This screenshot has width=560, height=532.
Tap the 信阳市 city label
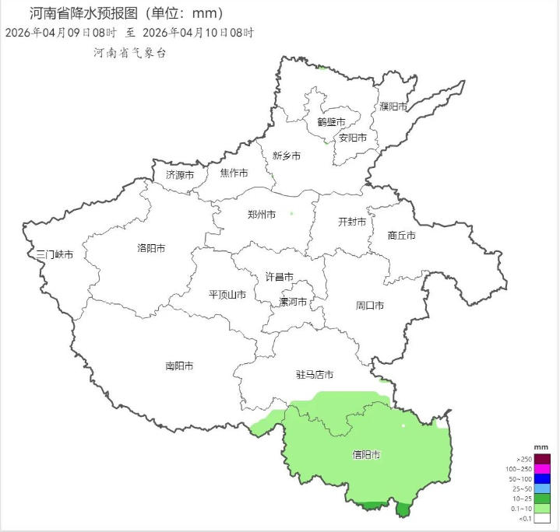click(x=366, y=454)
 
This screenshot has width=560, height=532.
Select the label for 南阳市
click(x=179, y=366)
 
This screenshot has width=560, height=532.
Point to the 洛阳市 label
click(x=151, y=249)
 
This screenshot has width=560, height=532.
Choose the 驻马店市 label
click(x=315, y=375)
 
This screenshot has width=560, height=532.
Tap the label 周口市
click(x=370, y=306)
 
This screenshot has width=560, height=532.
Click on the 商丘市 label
click(x=401, y=236)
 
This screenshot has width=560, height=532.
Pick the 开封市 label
click(x=352, y=222)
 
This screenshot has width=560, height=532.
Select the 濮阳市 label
click(x=393, y=107)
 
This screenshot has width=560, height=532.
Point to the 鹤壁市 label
click(x=331, y=122)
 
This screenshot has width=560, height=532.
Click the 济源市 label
click(x=180, y=175)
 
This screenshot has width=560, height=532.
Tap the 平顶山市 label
click(x=227, y=295)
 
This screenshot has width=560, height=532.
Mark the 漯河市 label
click(x=293, y=302)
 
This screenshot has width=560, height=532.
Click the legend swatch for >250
click(x=543, y=459)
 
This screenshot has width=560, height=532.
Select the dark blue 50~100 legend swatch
click(x=543, y=478)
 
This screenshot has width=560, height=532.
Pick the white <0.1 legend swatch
click(x=543, y=518)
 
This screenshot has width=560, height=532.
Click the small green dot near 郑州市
click(x=291, y=213)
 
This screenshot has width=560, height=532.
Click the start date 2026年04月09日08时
click(x=61, y=33)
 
